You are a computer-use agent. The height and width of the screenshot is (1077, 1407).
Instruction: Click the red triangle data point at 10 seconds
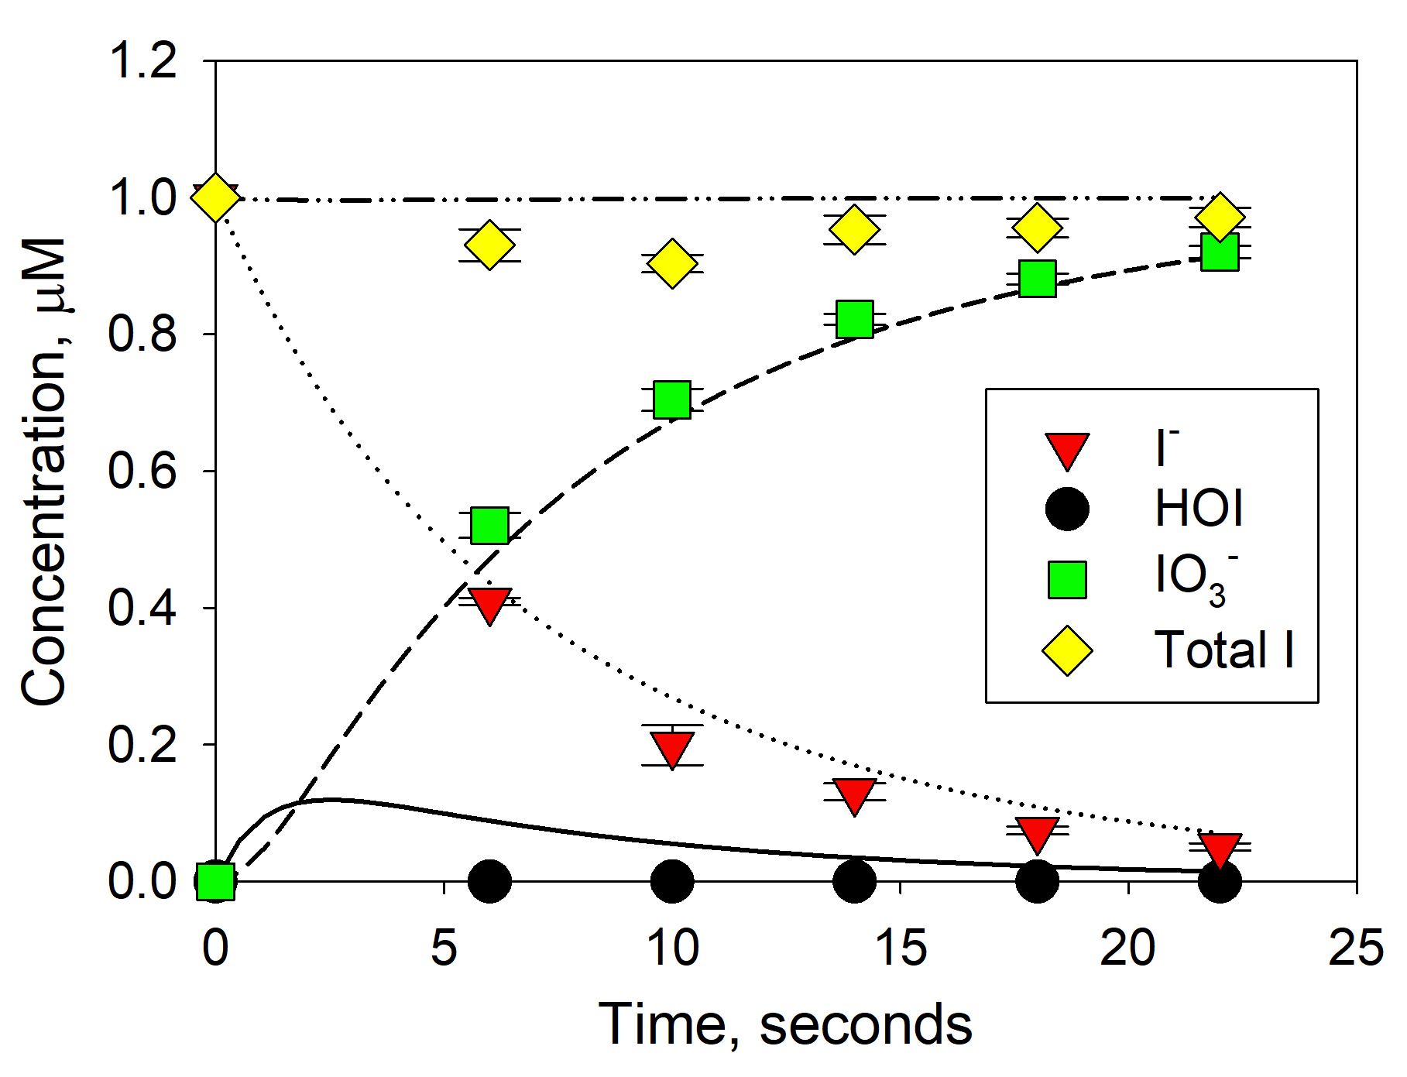pyautogui.click(x=671, y=747)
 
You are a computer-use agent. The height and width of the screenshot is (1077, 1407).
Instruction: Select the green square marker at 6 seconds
pyautogui.click(x=489, y=526)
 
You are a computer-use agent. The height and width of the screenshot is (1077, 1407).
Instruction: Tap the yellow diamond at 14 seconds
pyautogui.click(x=854, y=229)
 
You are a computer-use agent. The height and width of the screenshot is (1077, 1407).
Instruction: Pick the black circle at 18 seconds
pyautogui.click(x=1037, y=880)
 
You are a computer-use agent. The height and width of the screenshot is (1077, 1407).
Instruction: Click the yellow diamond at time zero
pyautogui.click(x=215, y=198)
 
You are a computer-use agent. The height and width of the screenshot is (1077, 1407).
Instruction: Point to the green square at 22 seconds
pyautogui.click(x=1220, y=252)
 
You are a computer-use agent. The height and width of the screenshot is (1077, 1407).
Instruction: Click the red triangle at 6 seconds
pyautogui.click(x=489, y=604)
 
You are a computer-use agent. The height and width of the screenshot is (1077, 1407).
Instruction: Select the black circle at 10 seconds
pyautogui.click(x=671, y=880)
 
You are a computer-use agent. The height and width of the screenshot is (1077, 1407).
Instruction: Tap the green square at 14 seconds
pyautogui.click(x=854, y=319)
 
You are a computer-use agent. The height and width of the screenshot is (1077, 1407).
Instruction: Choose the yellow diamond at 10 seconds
pyautogui.click(x=671, y=263)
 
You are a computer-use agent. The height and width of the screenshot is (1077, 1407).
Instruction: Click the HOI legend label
pyautogui.click(x=1199, y=509)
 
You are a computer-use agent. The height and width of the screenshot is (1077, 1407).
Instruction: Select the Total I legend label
pyautogui.click(x=1223, y=649)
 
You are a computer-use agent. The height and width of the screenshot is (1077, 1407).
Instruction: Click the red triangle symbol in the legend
pyautogui.click(x=1067, y=450)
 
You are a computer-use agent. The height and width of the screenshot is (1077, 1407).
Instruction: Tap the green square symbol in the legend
pyautogui.click(x=1067, y=580)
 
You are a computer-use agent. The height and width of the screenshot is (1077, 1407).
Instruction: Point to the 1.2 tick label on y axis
pyautogui.click(x=143, y=60)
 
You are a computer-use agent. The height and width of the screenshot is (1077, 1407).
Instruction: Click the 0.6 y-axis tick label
pyautogui.click(x=143, y=471)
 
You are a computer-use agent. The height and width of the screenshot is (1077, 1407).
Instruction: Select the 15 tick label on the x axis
pyautogui.click(x=900, y=948)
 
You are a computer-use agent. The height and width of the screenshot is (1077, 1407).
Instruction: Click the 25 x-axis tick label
pyautogui.click(x=1355, y=948)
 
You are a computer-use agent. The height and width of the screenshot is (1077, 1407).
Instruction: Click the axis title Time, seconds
pyautogui.click(x=785, y=1024)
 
